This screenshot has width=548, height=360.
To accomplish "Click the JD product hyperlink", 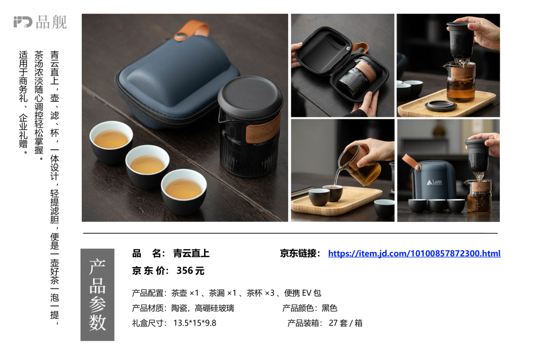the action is (x=414, y=253).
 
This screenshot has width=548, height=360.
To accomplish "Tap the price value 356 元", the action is (x=190, y=271).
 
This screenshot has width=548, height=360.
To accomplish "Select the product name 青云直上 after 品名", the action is (x=191, y=253).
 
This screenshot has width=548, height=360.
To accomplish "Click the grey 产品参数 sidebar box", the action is (x=97, y=294).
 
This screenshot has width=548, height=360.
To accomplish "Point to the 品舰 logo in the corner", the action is (x=40, y=22).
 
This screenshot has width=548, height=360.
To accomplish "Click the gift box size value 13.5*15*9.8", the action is (x=195, y=323).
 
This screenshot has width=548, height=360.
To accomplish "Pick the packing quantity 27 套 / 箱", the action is (x=346, y=323).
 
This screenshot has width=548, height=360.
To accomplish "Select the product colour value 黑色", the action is (x=329, y=308).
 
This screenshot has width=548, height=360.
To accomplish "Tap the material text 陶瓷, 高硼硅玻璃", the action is (x=202, y=308).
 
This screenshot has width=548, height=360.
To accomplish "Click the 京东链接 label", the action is (x=300, y=253).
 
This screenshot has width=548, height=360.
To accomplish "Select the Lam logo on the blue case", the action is (x=434, y=182).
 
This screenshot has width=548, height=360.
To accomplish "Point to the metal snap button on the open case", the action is (x=348, y=48).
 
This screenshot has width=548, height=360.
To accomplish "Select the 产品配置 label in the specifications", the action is (x=148, y=293).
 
